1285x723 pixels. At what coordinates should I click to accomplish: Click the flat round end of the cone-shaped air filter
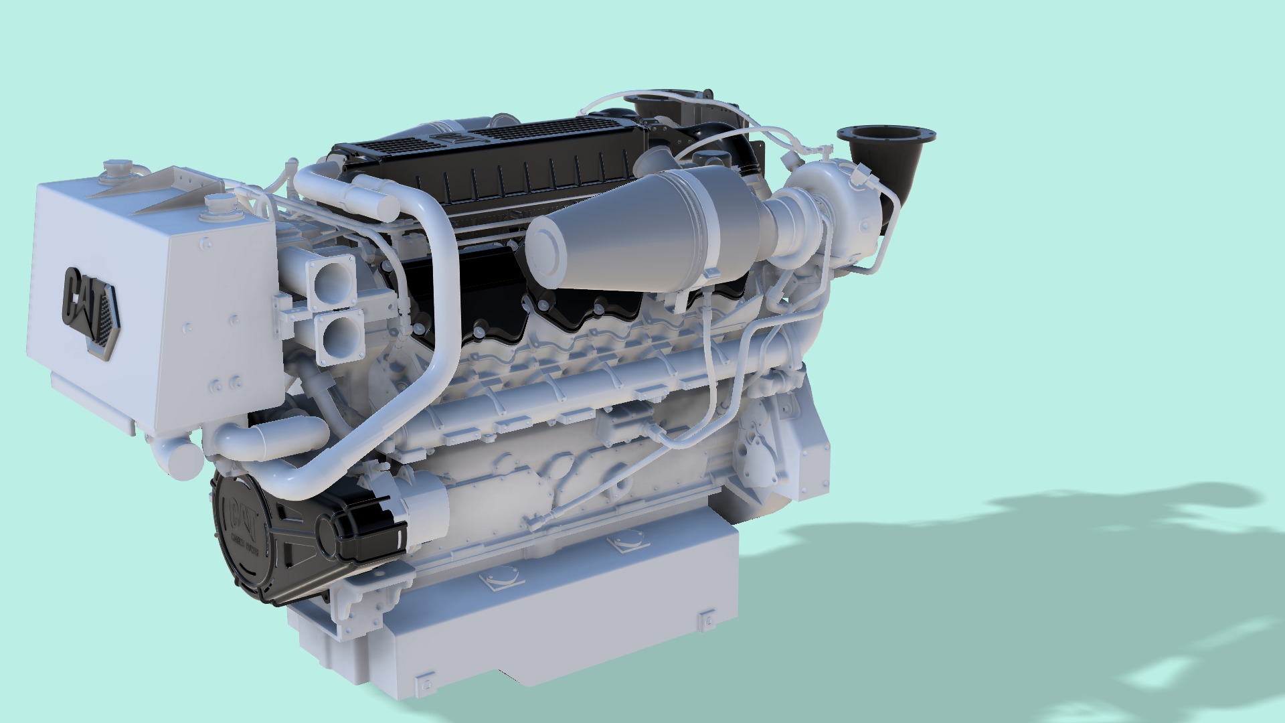pyautogui.click(x=549, y=252)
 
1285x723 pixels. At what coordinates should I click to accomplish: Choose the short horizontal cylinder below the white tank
pyautogui.click(x=288, y=438)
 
